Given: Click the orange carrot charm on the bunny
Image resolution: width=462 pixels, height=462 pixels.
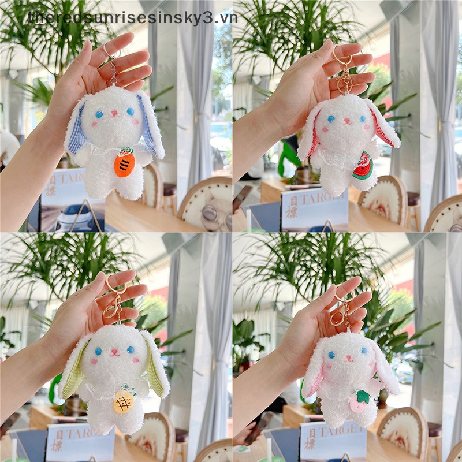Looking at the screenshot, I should click(x=124, y=164).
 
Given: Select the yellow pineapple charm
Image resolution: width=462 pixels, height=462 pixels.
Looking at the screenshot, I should click(x=124, y=401).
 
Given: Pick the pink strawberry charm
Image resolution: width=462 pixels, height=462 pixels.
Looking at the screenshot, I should click(x=360, y=401).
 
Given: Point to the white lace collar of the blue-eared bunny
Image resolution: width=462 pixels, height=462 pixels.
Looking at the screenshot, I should click(x=107, y=149).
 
